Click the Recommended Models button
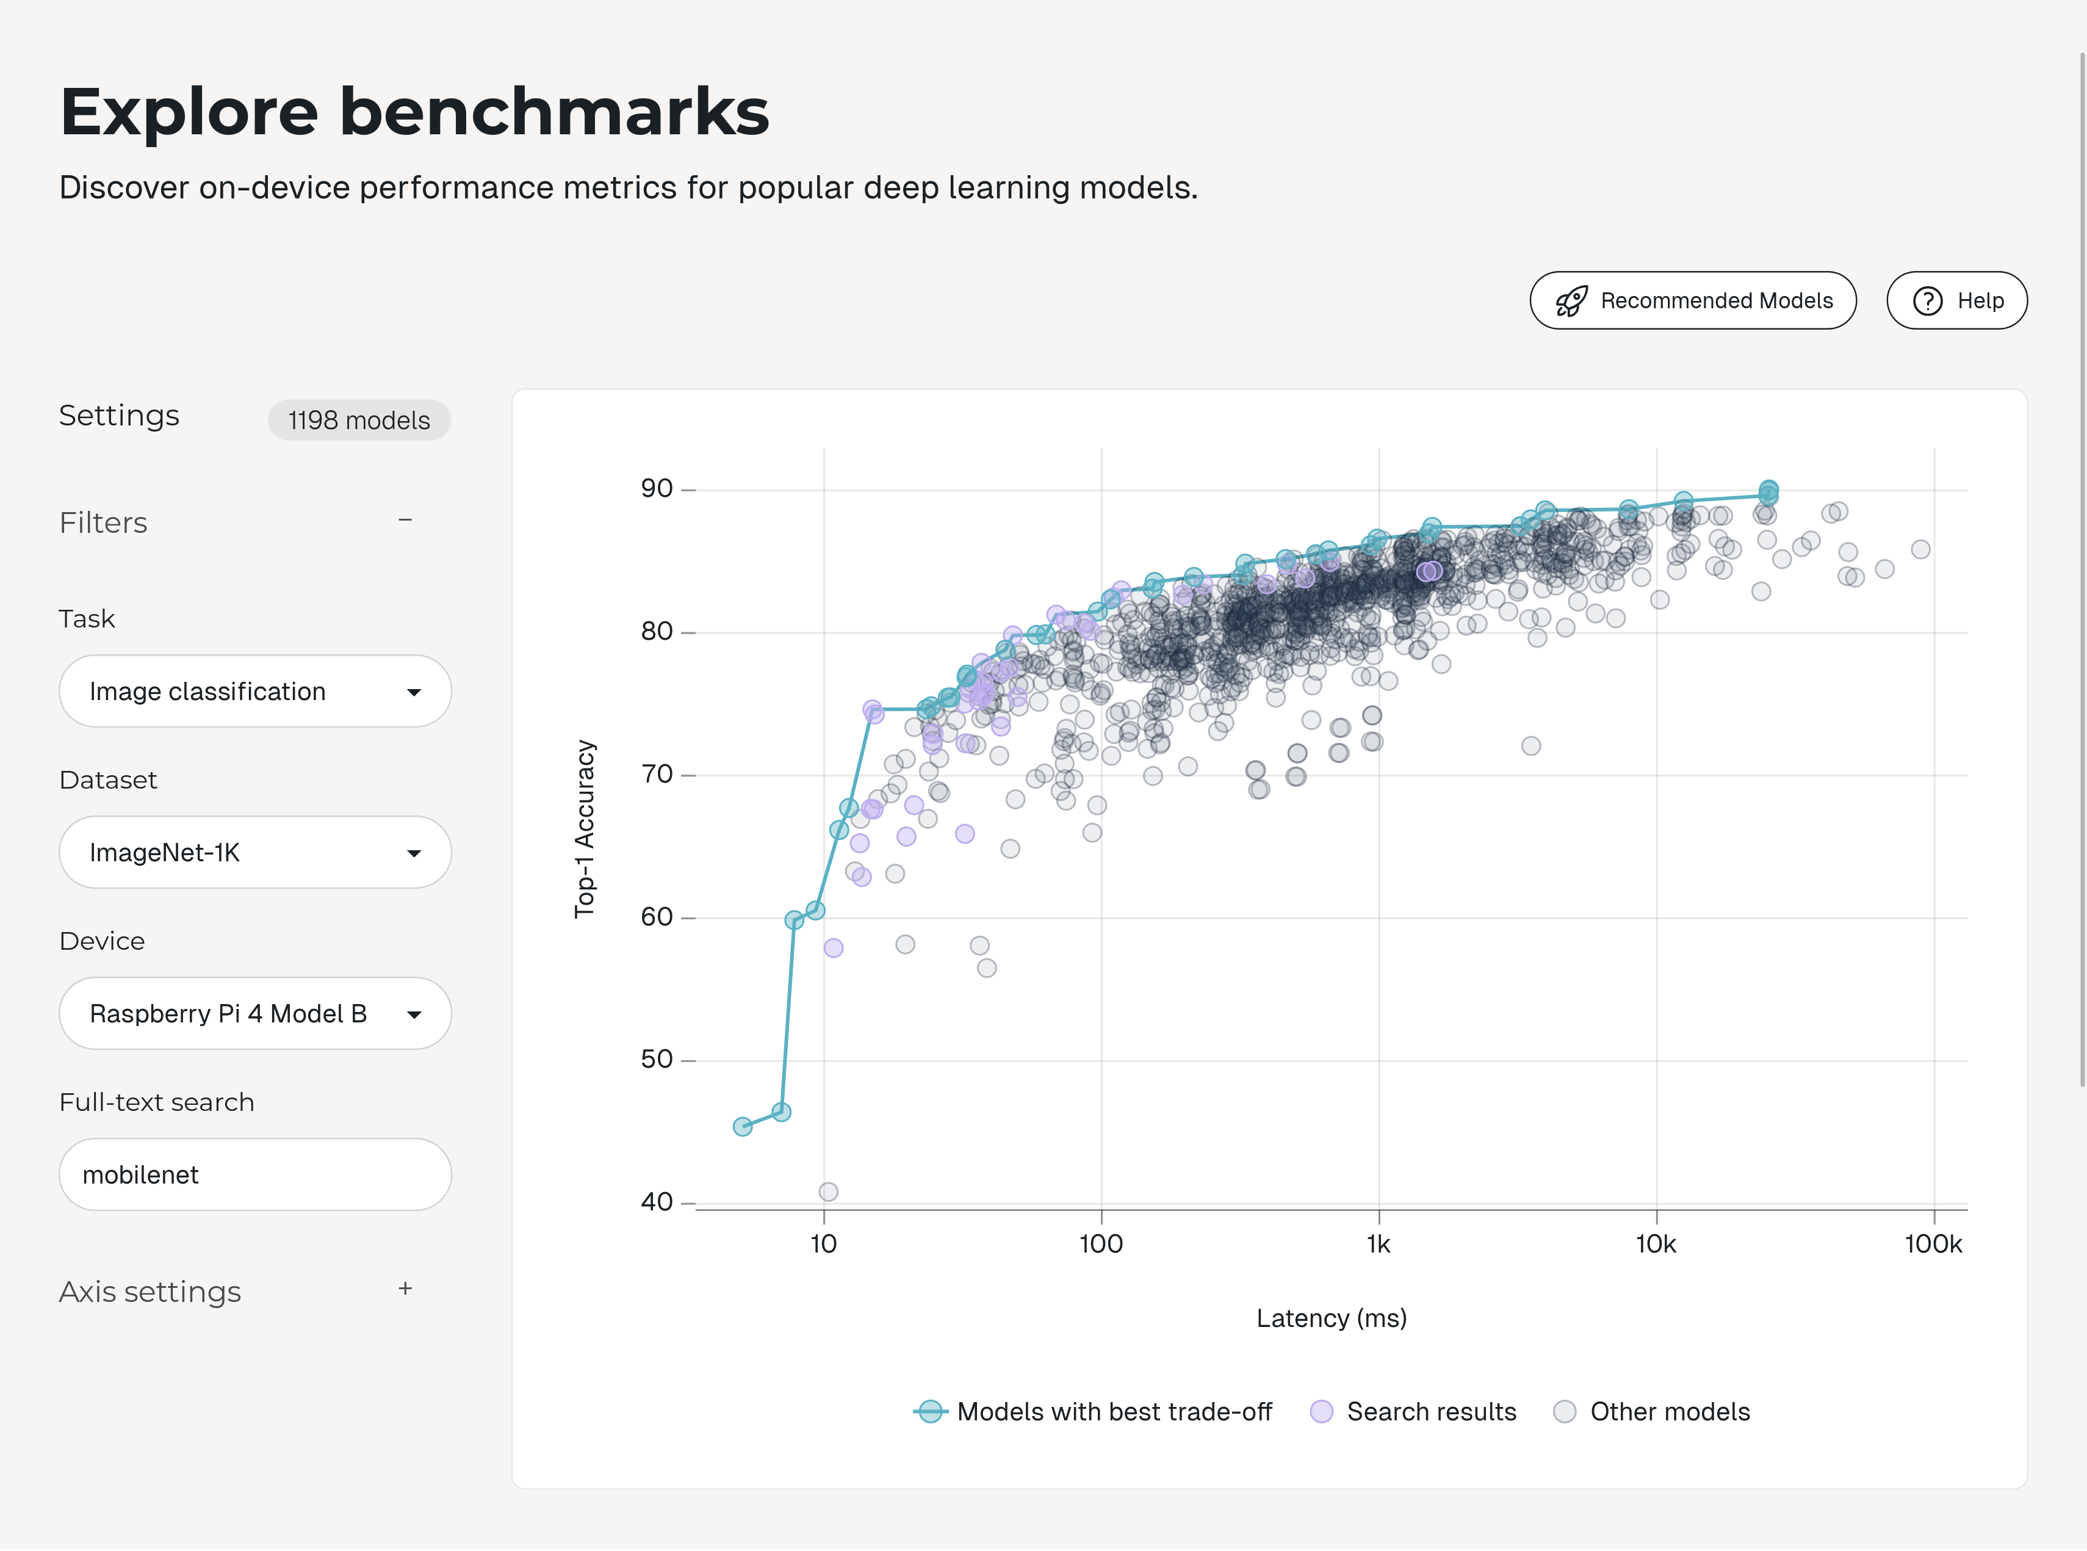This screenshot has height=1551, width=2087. click(x=1692, y=300)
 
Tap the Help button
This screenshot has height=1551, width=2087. click(x=1956, y=300)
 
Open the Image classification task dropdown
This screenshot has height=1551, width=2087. click(x=254, y=691)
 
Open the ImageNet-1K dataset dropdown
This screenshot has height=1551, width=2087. click(x=254, y=853)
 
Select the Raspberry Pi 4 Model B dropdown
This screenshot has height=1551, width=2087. click(x=254, y=1014)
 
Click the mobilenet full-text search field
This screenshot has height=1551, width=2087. click(x=254, y=1174)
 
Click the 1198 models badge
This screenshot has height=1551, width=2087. click(x=358, y=420)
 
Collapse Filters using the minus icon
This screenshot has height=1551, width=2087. click(x=405, y=520)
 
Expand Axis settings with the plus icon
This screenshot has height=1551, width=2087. click(x=405, y=1289)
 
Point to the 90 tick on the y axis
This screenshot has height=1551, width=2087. click(x=657, y=488)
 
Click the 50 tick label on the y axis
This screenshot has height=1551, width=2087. click(x=657, y=1059)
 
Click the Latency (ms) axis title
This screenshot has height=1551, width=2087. click(x=1331, y=1318)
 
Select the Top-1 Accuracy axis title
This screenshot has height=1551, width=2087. click(x=585, y=828)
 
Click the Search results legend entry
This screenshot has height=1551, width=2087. click(x=1413, y=1412)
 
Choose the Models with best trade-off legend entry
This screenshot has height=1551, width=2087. click(x=1094, y=1412)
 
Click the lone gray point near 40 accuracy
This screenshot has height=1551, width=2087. click(x=827, y=1191)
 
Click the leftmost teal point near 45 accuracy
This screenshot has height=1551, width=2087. click(x=742, y=1126)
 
